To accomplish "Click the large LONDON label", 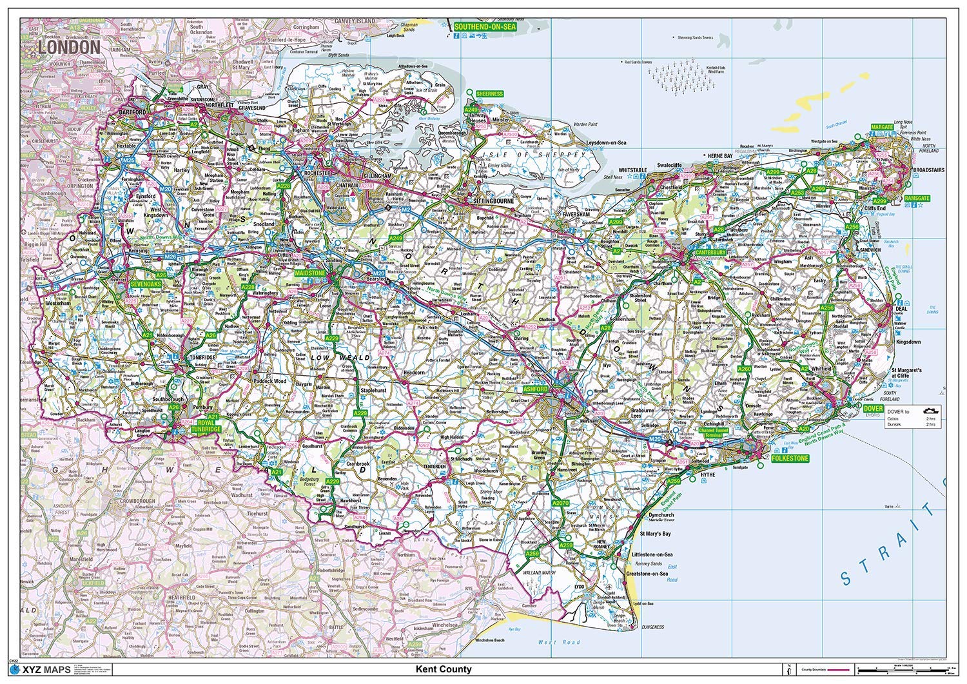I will point(69,47).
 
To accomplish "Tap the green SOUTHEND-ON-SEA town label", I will point(484,27).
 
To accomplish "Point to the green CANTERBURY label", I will point(711,253).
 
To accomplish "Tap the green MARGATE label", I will point(882,127).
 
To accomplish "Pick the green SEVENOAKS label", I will point(144,283).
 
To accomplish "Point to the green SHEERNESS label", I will point(489,94).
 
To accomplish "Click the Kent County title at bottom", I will point(444,669).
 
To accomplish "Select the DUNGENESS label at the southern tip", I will point(653,627).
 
